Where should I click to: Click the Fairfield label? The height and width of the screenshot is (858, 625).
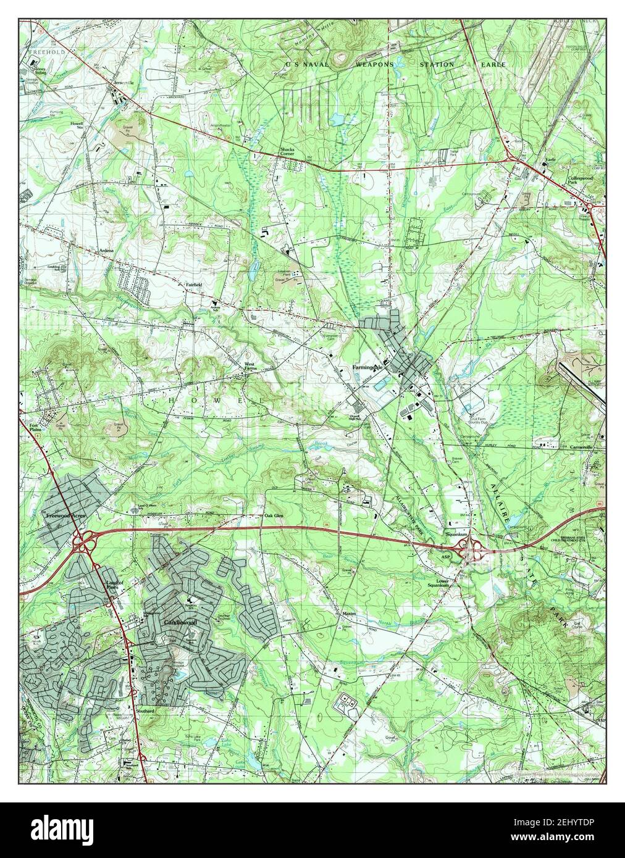click(195, 285)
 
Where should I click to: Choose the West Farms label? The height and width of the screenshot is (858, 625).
click(250, 367)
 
